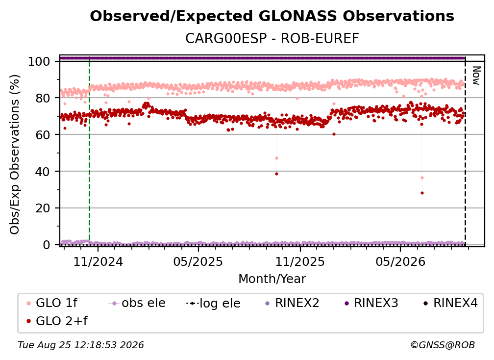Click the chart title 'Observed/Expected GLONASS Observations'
pyautogui.click(x=272, y=16)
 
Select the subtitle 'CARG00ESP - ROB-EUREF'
pyautogui.click(x=272, y=39)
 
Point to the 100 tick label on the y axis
pyautogui.click(x=39, y=61)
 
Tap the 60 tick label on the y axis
pyautogui.click(x=43, y=135)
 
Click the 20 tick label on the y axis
pyautogui.click(x=43, y=208)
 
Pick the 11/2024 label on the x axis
pyautogui.click(x=98, y=262)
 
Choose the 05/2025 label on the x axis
pyautogui.click(x=198, y=262)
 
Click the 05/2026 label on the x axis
pyautogui.click(x=400, y=262)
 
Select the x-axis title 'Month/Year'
pyautogui.click(x=272, y=279)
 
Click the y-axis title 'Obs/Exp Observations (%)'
pyautogui.click(x=15, y=154)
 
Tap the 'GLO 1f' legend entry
pyautogui.click(x=52, y=303)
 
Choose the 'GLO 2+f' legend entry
pyautogui.click(x=57, y=321)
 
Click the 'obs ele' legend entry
pyautogui.click(x=137, y=303)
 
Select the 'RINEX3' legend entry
pyautogui.click(x=371, y=303)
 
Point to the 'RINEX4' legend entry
pyautogui.click(x=451, y=303)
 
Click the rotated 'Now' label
pyautogui.click(x=476, y=76)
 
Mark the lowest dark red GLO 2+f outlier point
pyautogui.click(x=422, y=193)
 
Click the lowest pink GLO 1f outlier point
pyautogui.click(x=422, y=178)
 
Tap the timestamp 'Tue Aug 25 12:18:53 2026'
pyautogui.click(x=81, y=345)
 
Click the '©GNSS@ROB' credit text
pyautogui.click(x=443, y=345)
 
